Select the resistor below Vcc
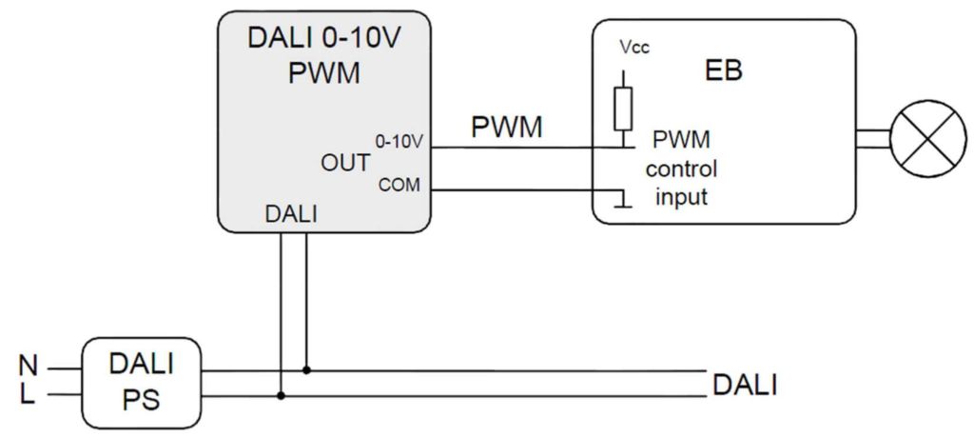tap(623, 109)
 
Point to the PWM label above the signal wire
tap(509, 127)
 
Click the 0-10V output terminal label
tap(399, 142)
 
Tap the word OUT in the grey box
tap(345, 163)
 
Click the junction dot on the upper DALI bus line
tap(305, 369)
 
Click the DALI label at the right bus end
tap(745, 385)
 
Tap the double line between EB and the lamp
tap(871, 139)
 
